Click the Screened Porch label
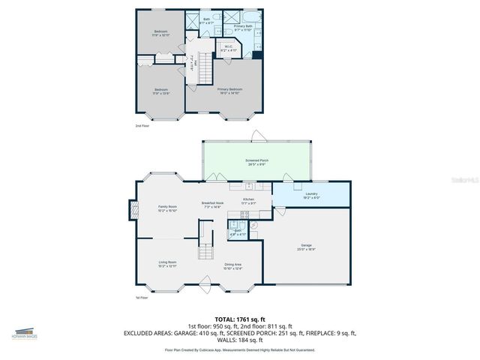[x=257, y=162]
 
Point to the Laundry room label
[x=311, y=195]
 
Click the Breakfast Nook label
[x=212, y=205]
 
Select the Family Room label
[x=167, y=208]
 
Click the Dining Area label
[x=232, y=265]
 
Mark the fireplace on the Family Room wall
[x=132, y=209]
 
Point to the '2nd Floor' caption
[x=142, y=126]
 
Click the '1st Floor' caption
[x=142, y=298]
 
